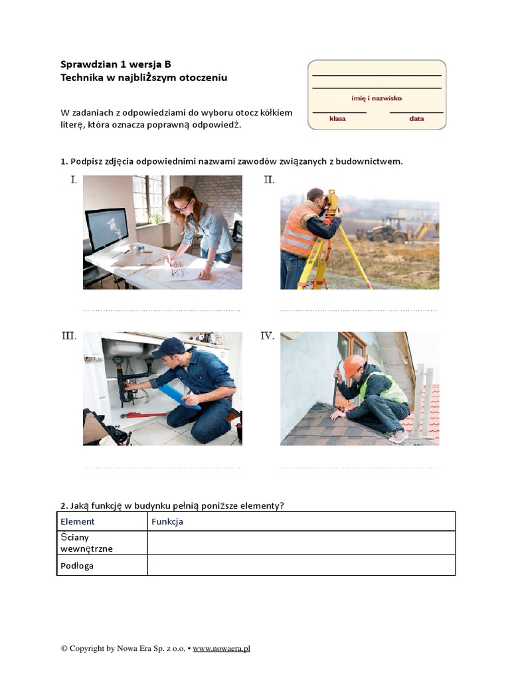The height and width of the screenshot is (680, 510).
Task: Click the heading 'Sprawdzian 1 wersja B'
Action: pos(116,64)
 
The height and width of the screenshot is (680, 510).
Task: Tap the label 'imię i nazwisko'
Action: pos(377,98)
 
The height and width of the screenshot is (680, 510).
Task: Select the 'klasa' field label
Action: pos(338,119)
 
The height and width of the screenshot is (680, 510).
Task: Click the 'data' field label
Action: pos(416,119)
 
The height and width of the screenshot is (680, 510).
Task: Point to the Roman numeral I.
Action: pos(74,180)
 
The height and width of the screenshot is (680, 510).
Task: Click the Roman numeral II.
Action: pos(269,180)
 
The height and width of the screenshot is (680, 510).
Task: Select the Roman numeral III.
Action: pos(69,336)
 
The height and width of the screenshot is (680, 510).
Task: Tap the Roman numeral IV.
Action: pos(268,336)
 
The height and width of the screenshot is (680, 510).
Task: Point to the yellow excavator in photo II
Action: pos(392,229)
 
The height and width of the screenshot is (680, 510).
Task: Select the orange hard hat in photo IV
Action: pos(353,365)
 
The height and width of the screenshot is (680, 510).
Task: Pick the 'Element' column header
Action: pos(78,521)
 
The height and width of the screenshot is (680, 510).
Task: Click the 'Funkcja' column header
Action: pos(167,521)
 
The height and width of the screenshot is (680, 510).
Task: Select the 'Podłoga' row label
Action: pos(77,566)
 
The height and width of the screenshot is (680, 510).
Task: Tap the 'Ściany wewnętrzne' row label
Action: pos(86,543)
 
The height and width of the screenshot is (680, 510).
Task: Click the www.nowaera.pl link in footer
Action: pos(221,648)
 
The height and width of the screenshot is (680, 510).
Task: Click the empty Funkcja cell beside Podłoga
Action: pos(301,566)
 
